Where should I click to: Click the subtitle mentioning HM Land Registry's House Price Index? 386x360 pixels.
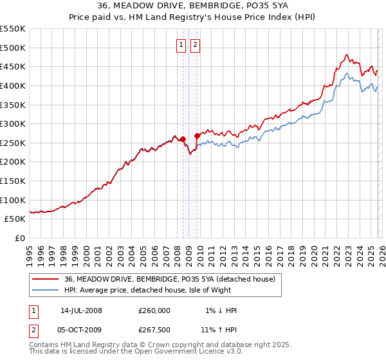click(192, 18)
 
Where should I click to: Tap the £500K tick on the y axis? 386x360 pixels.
click(12, 48)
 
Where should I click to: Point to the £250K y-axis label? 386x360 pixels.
click(12, 143)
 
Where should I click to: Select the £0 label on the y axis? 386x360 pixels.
click(20, 238)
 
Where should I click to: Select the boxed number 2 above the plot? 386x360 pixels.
click(194, 44)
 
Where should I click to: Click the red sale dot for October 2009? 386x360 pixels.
click(197, 136)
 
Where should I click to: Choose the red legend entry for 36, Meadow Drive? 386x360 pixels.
click(169, 278)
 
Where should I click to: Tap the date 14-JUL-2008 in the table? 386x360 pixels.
click(81, 310)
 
